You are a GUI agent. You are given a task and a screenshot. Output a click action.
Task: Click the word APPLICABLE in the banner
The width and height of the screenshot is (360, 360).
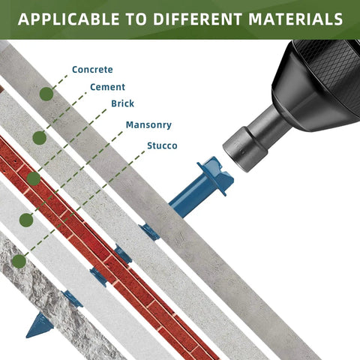(x=69, y=19)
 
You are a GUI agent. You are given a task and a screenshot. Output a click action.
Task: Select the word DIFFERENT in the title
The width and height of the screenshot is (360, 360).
(x=198, y=19)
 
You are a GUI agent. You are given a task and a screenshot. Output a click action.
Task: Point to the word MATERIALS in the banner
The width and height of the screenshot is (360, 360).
(x=295, y=19)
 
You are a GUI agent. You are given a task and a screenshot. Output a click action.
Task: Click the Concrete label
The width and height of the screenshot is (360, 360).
(x=92, y=70)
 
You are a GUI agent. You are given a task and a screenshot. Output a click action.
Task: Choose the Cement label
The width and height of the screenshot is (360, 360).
(x=107, y=87)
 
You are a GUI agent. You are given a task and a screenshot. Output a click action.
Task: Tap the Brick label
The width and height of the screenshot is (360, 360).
(x=122, y=103)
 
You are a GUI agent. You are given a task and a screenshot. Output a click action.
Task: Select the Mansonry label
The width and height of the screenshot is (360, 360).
(x=148, y=124)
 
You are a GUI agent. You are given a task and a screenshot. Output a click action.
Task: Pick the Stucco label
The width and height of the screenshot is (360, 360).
(x=162, y=145)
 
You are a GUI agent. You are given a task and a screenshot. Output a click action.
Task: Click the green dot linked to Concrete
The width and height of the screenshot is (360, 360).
(x=46, y=94)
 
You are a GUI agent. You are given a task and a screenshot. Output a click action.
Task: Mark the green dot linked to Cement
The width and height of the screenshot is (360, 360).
(x=40, y=137)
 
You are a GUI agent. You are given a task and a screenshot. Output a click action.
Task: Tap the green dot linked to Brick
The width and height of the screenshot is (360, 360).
(x=34, y=178)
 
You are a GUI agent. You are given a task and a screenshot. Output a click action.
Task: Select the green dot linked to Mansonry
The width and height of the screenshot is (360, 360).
(x=26, y=220)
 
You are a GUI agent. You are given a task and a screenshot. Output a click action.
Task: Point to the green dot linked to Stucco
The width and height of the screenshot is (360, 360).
(x=19, y=262)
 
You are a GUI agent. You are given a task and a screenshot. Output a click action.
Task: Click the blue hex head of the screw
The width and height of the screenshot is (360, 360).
(x=215, y=175)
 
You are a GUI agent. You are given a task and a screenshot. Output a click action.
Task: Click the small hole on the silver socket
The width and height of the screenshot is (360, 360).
(x=242, y=152)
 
